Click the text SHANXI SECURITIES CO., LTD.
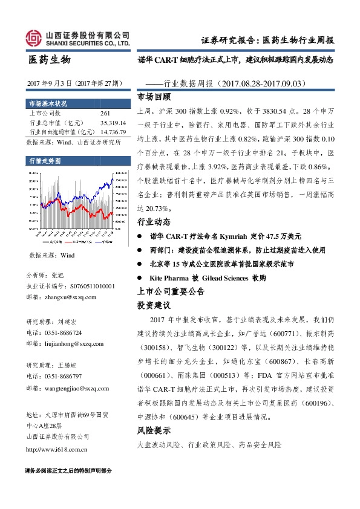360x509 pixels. pos(88,44)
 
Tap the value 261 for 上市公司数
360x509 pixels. pos(105,114)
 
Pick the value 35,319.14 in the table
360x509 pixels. pos(113,123)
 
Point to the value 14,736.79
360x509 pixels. pos(113,131)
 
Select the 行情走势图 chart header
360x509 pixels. pos(44,161)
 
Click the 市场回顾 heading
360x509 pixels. pos(154,97)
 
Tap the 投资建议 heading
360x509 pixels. pos(154,305)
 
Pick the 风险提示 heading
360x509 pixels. pos(154,431)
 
